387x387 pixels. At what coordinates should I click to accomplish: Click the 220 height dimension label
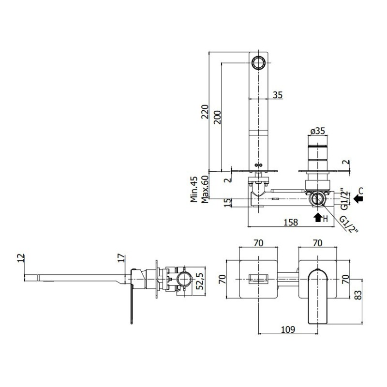click(205, 112)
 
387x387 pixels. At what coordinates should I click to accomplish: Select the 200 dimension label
click(217, 117)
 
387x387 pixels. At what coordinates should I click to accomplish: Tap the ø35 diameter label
click(317, 131)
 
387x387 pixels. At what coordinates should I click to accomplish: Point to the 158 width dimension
click(291, 222)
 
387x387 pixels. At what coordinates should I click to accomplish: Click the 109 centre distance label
click(288, 329)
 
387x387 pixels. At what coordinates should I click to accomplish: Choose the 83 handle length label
click(357, 295)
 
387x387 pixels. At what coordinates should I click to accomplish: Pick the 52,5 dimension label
click(199, 281)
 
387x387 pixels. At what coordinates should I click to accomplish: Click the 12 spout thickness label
click(21, 258)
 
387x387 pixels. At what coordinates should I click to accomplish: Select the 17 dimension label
click(121, 258)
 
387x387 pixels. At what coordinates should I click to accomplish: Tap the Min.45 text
click(194, 189)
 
